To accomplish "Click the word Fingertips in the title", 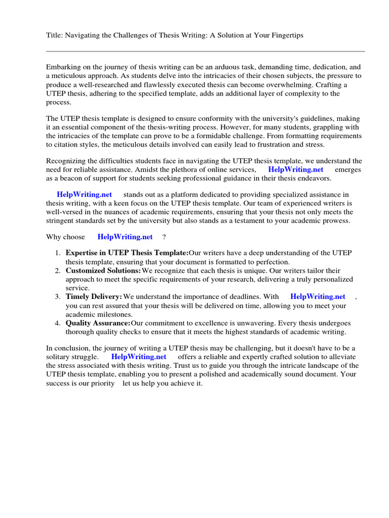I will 286,35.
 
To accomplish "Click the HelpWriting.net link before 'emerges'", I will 295,169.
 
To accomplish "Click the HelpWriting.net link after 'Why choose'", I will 125,236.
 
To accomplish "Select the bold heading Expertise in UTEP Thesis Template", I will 127,253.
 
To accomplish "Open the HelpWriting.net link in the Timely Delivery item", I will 318,296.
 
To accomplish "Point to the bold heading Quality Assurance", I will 97,323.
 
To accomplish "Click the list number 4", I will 58,323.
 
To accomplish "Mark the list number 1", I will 58,253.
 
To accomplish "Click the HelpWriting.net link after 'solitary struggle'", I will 138,357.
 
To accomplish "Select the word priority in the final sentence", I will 101,383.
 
